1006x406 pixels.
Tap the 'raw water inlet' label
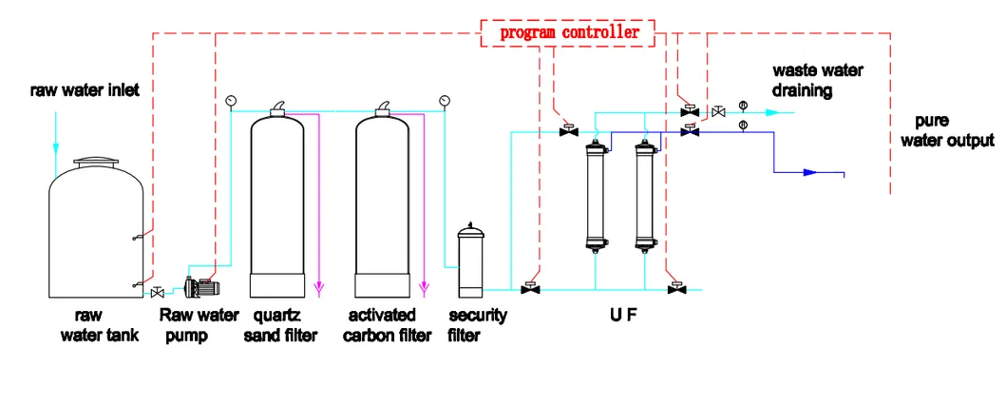pyautogui.click(x=85, y=90)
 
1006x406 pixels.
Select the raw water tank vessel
pyautogui.click(x=96, y=229)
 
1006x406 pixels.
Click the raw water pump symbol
pyautogui.click(x=202, y=285)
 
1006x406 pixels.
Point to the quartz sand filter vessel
pyautogui.click(x=277, y=204)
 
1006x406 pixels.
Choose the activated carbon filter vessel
pyautogui.click(x=383, y=204)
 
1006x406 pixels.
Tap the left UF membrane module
pyautogui.click(x=596, y=195)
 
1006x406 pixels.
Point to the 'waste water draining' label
pyautogui.click(x=803, y=81)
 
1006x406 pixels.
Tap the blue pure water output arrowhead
pyautogui.click(x=809, y=173)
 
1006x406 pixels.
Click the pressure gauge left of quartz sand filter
pyautogui.click(x=231, y=100)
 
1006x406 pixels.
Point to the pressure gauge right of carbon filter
pyautogui.click(x=444, y=100)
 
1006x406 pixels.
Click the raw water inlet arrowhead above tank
pyautogui.click(x=55, y=149)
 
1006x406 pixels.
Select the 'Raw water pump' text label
pyautogui.click(x=199, y=324)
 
